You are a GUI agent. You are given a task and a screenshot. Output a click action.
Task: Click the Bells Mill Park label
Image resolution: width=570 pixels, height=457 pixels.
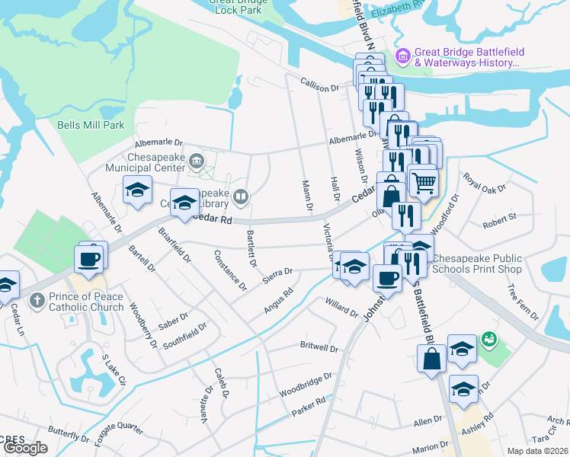(x=90, y=124)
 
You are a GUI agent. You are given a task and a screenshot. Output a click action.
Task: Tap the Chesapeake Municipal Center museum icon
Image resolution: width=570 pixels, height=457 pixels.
(x=197, y=159)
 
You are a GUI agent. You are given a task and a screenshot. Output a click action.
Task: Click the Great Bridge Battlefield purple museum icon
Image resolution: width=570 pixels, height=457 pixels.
(x=403, y=55)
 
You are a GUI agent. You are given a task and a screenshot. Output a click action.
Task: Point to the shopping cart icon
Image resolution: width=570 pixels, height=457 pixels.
(x=424, y=181)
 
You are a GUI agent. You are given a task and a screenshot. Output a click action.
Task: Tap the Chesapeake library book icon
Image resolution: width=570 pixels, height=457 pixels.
(x=241, y=198)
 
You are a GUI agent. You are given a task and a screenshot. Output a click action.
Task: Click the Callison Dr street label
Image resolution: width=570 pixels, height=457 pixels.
(x=319, y=88)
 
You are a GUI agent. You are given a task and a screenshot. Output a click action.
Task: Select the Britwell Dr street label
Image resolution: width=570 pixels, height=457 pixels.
(x=319, y=348)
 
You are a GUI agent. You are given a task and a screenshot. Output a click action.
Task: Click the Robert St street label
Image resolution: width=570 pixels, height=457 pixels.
(x=499, y=217)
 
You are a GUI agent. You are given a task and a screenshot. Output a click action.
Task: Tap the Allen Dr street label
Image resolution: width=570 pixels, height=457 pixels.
(x=427, y=420)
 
